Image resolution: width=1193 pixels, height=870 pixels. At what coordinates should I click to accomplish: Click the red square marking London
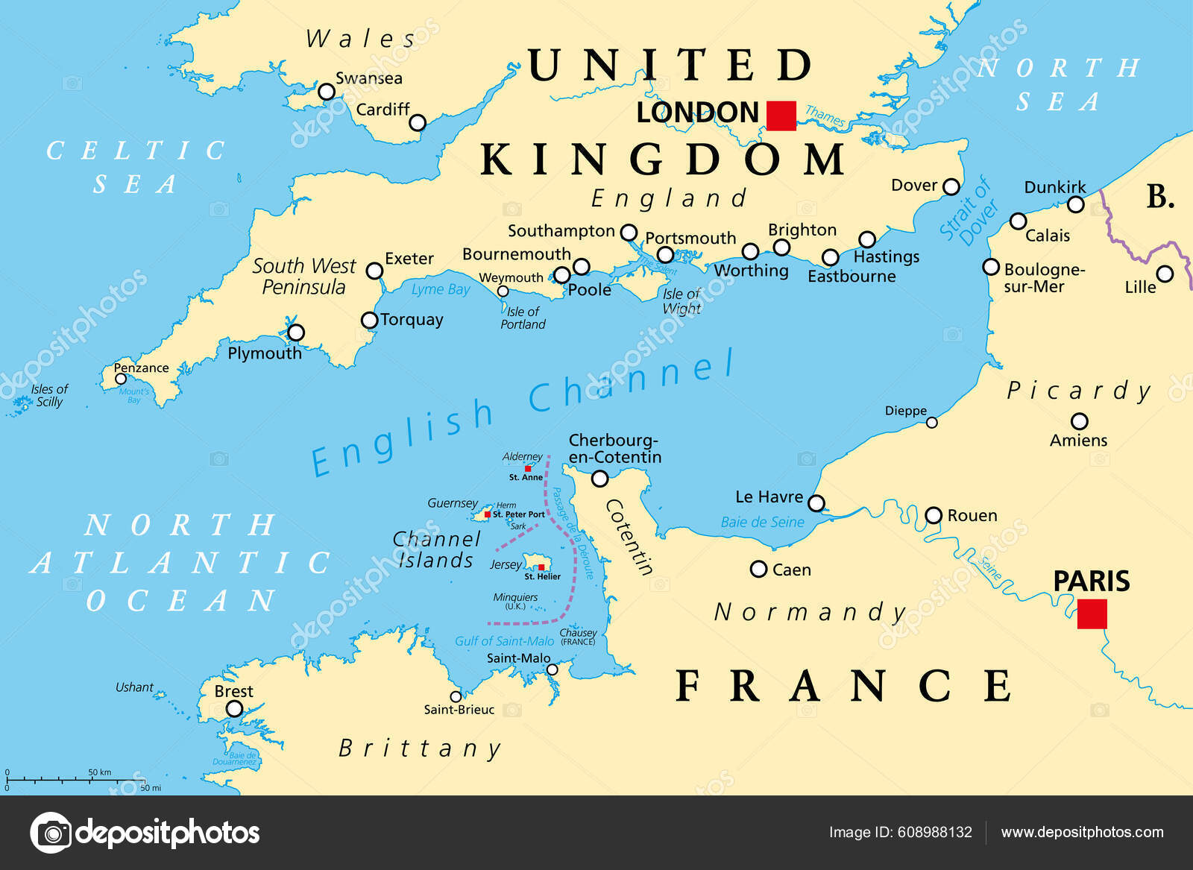coord(781,116)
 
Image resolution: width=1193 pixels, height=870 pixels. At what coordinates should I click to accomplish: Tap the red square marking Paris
coord(1092,614)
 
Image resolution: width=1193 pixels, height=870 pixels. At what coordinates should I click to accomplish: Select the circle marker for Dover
coord(951,186)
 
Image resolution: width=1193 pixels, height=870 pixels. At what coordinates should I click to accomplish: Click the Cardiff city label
coord(383,110)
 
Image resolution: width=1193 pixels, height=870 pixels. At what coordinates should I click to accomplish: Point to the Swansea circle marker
coord(327,92)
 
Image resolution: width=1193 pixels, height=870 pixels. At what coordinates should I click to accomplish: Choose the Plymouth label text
coord(265,353)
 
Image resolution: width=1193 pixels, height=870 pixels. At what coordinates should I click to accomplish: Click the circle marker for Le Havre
coord(816,503)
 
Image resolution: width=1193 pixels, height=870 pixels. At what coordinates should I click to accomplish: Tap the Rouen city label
coord(972,515)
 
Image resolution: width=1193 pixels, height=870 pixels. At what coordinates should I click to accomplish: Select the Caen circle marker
coord(758,570)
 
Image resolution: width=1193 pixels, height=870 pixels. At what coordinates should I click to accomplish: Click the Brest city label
coord(233,691)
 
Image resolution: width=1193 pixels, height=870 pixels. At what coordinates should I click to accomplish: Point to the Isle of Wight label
coord(682,301)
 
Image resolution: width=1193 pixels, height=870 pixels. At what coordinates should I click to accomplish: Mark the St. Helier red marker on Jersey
coord(541,567)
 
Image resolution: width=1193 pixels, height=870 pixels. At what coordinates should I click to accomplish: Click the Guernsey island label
coord(453,503)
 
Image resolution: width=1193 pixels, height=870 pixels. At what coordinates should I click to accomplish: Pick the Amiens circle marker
coord(1079,421)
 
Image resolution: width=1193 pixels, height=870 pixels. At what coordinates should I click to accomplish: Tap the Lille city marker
coord(1165,274)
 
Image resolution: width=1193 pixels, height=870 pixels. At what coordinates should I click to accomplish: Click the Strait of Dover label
coord(969,212)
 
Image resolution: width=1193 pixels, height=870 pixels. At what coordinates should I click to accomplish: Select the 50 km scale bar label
coord(99,772)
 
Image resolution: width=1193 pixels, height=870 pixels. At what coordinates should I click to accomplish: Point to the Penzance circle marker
coord(121,379)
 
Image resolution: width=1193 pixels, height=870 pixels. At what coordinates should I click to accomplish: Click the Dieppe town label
coord(905,411)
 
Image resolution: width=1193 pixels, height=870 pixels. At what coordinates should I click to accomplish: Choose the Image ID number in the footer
coord(900,832)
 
